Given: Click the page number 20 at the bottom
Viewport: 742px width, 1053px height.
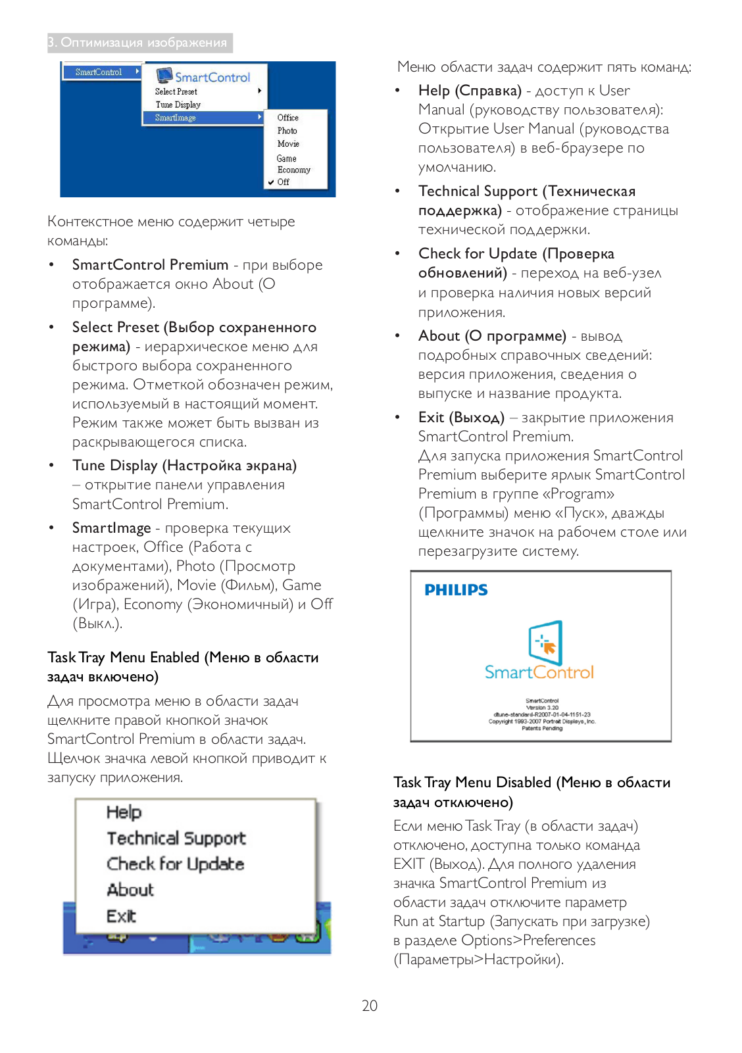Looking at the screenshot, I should (370, 1005).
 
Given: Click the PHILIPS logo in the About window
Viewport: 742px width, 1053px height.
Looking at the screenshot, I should (456, 590).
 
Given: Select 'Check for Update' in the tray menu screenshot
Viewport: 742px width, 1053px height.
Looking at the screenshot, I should (176, 864).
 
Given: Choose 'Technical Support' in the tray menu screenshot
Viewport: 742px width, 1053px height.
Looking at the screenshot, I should (176, 838).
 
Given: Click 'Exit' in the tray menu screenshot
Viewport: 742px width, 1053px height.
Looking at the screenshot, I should (121, 916).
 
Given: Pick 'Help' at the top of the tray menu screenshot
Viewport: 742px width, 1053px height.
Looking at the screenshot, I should (124, 812).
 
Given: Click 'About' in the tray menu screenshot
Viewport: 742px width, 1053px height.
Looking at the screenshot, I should (130, 890).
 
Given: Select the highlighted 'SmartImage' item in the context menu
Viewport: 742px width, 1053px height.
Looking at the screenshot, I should (176, 118).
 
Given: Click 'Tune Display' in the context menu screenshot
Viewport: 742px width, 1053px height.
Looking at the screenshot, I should (178, 105).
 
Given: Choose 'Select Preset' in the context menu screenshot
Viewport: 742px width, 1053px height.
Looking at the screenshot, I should (176, 91).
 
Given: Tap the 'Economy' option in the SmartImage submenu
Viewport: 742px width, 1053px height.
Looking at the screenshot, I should (293, 170).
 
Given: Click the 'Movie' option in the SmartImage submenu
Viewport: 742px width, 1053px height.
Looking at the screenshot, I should (288, 143).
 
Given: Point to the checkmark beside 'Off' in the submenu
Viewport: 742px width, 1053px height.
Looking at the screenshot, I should (270, 182).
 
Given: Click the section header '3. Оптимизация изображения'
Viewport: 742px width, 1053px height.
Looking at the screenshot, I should (140, 43).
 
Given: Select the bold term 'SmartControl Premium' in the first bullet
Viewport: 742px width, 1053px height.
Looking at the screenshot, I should (150, 264).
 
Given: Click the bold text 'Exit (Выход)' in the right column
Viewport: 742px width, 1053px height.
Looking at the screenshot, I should (461, 418).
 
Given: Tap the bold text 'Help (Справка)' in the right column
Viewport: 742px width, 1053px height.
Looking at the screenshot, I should (470, 91).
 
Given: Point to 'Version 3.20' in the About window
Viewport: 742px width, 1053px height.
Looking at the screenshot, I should (542, 708).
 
